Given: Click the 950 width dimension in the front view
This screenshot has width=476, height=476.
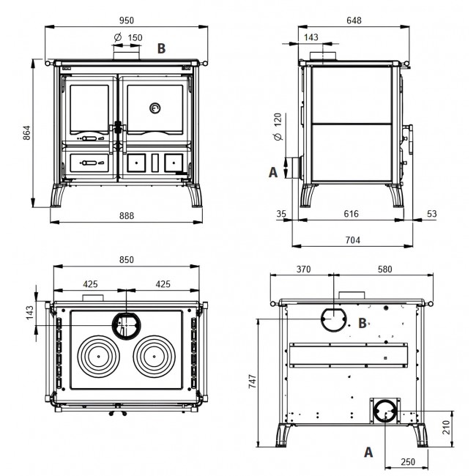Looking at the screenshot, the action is pyautogui.click(x=126, y=21).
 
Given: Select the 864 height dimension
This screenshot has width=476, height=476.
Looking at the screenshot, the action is pyautogui.click(x=26, y=133).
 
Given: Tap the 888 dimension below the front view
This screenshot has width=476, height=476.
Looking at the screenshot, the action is pyautogui.click(x=126, y=215).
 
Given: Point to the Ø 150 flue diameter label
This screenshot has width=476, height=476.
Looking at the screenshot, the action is pyautogui.click(x=128, y=37).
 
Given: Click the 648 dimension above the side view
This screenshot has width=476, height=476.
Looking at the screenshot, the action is pyautogui.click(x=354, y=21).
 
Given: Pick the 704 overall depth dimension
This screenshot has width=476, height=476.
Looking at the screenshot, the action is pyautogui.click(x=353, y=240).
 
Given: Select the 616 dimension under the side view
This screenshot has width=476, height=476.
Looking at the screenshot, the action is pyautogui.click(x=352, y=214).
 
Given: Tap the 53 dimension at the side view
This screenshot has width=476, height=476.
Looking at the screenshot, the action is pyautogui.click(x=431, y=214).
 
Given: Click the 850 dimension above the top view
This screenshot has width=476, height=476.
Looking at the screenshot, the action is pyautogui.click(x=126, y=260).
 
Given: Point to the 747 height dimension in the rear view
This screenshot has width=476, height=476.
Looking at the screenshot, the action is pyautogui.click(x=253, y=382).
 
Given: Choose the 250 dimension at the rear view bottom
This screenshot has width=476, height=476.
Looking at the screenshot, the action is pyautogui.click(x=408, y=462).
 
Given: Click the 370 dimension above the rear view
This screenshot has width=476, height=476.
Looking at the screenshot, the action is pyautogui.click(x=304, y=269).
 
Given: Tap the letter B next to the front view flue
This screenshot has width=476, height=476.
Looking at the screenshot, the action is pyautogui.click(x=162, y=48).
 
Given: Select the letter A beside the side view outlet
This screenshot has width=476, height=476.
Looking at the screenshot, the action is pyautogui.click(x=273, y=172).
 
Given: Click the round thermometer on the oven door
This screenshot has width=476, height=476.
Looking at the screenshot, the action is pyautogui.click(x=155, y=108).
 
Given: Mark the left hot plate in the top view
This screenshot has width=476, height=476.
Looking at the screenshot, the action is pyautogui.click(x=99, y=357).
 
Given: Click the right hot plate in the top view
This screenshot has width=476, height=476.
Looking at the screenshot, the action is pyautogui.click(x=155, y=357).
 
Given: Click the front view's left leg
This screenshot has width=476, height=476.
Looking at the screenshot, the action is pyautogui.click(x=58, y=196).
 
